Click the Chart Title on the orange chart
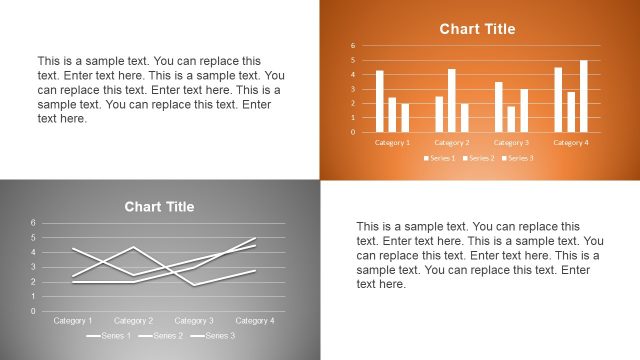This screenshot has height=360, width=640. (x=477, y=29)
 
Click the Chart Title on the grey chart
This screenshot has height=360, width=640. (x=159, y=207)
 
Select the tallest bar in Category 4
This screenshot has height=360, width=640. (x=584, y=96)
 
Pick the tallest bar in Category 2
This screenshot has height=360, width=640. (x=452, y=100)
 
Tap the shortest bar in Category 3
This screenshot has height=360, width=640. (x=511, y=119)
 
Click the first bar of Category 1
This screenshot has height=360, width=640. (x=380, y=101)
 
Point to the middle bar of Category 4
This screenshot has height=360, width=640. (x=571, y=111)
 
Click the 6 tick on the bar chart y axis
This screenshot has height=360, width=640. (x=352, y=45)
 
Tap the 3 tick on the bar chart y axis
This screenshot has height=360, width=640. (x=352, y=88)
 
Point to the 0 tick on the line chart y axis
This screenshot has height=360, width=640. (x=33, y=311)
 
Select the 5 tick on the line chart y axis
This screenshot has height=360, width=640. (x=33, y=237)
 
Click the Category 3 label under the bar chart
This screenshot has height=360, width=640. (x=511, y=142)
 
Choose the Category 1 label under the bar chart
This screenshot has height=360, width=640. (x=392, y=142)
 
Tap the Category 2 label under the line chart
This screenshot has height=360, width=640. (x=133, y=321)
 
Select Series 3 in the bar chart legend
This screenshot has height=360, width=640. (x=519, y=158)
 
